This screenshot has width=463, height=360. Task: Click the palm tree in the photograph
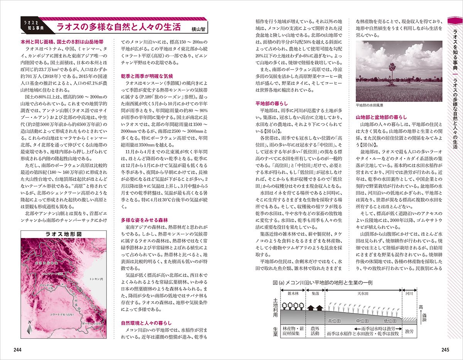click(x=390, y=73)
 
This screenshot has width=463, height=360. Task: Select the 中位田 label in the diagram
click(x=362, y=321)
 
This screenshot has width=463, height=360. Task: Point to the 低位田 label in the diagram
click(x=390, y=321)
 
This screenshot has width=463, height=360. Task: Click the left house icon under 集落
click(x=311, y=308)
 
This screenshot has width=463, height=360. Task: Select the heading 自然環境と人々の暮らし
click(x=146, y=323)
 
